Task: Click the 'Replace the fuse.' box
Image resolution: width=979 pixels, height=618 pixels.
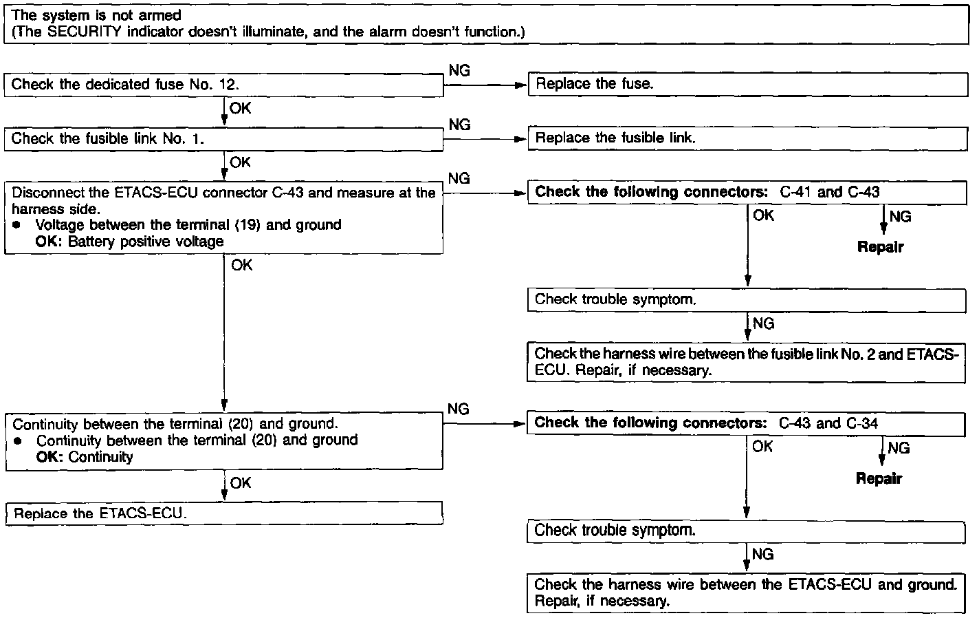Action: (747, 85)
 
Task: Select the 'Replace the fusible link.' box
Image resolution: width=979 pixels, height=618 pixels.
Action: (747, 138)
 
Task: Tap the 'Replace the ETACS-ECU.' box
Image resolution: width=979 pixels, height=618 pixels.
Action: (224, 514)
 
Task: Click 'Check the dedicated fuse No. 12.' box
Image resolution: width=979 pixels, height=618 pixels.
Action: (224, 85)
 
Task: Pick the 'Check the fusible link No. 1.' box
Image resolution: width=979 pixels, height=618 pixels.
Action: (224, 139)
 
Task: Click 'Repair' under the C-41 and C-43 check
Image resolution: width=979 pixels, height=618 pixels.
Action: (880, 247)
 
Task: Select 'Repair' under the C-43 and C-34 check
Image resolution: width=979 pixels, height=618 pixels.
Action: (879, 478)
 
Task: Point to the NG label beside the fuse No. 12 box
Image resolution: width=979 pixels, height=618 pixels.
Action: (459, 71)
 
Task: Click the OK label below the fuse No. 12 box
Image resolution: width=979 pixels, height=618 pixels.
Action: (240, 109)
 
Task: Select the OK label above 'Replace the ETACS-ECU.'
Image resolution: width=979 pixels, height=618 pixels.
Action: (240, 483)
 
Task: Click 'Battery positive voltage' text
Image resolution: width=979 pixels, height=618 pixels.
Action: (146, 242)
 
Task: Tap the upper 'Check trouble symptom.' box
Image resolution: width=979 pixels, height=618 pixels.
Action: (747, 300)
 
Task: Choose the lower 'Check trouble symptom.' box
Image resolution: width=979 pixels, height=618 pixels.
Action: (747, 531)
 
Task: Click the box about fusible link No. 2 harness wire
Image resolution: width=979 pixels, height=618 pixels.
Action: (747, 362)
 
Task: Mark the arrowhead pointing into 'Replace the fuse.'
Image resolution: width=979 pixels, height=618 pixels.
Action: (521, 85)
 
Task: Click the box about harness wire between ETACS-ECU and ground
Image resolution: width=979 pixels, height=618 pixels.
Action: (747, 593)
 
